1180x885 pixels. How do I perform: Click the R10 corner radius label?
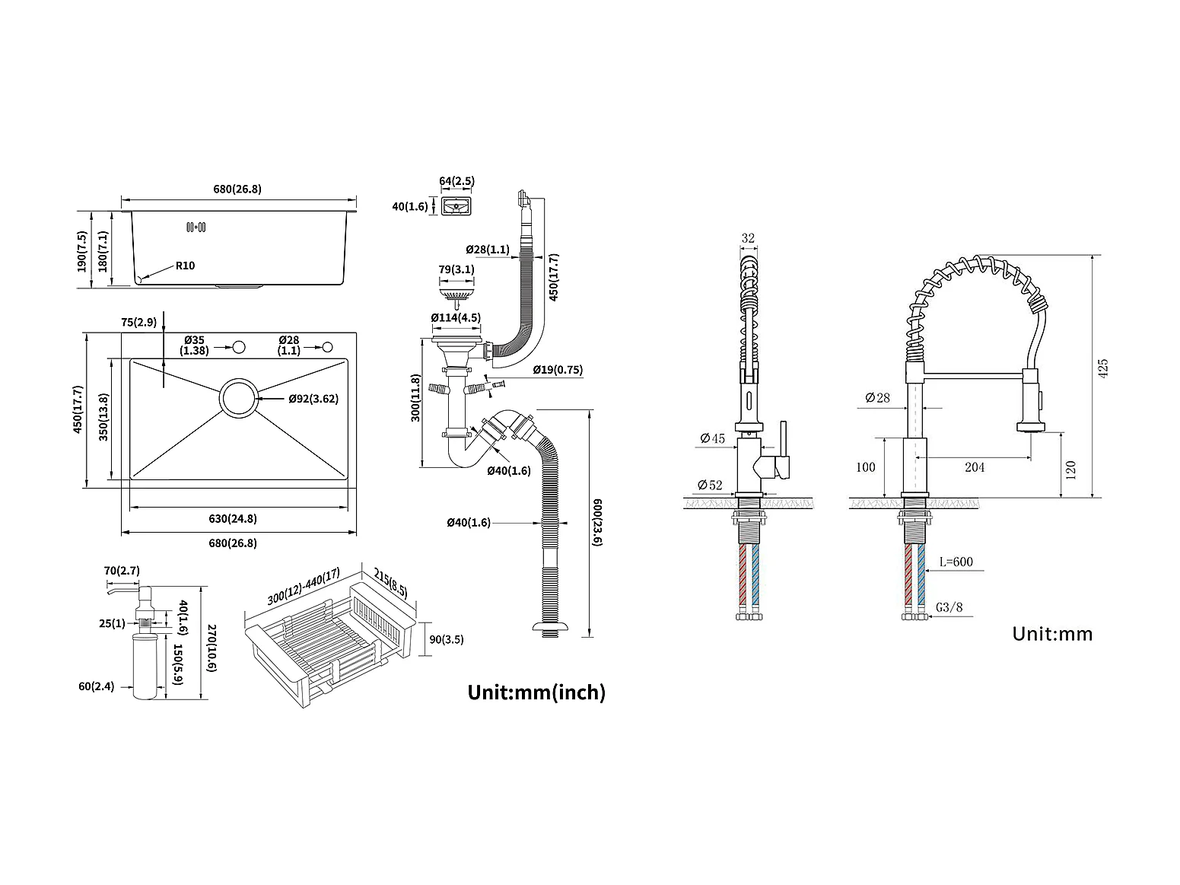(x=185, y=266)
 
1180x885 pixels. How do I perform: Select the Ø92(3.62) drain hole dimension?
(x=313, y=399)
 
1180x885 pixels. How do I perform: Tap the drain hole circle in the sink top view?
(x=239, y=398)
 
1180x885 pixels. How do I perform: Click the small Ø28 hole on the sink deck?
(x=327, y=347)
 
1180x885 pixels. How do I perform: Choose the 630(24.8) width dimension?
(x=233, y=518)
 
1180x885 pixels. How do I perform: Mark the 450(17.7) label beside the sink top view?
(x=78, y=409)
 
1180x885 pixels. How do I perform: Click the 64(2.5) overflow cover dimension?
(x=457, y=181)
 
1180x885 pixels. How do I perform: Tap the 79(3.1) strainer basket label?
(x=456, y=269)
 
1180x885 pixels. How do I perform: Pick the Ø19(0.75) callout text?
(x=558, y=369)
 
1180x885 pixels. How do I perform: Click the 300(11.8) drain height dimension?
(x=415, y=398)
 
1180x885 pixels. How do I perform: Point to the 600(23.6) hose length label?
(x=597, y=523)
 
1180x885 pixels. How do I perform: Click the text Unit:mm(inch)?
(x=536, y=692)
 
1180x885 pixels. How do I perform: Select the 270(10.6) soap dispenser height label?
(x=211, y=648)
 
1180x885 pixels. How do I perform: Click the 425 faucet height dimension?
(x=1103, y=368)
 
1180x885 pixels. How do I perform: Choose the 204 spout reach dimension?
(x=975, y=467)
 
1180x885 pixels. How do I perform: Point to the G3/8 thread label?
(x=949, y=607)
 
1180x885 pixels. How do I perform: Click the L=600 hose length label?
(x=956, y=562)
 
